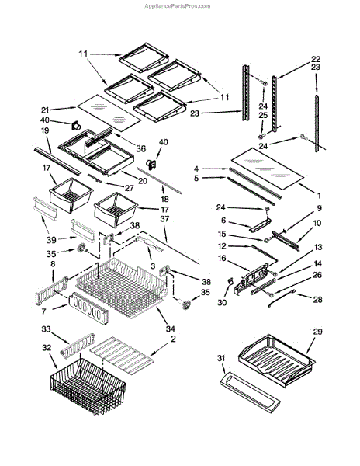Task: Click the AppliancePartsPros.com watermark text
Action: pos(177,6)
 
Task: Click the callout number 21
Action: pos(45,110)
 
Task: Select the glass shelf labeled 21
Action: pos(109,113)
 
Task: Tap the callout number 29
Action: pos(317,332)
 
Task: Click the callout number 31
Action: pos(221,358)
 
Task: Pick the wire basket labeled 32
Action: pos(88,386)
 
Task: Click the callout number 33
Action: pos(46,329)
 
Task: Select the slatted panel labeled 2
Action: pos(122,356)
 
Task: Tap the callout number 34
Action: pos(171,329)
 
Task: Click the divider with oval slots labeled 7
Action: pos(88,308)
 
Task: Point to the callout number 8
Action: pos(53,263)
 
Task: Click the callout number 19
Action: pos(45,130)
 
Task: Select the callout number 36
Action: pos(140,148)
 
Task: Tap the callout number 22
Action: pos(316,59)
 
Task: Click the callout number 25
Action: pos(263,115)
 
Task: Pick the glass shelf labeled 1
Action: pos(267,169)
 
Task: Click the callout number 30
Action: pos(222,303)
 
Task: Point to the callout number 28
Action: pos(317,299)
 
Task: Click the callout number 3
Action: pos(153,266)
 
